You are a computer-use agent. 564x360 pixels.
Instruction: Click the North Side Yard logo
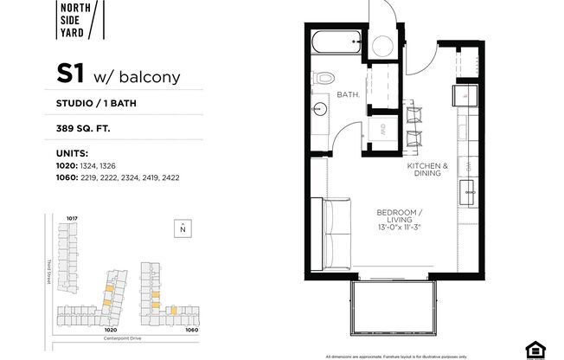coord(83,20)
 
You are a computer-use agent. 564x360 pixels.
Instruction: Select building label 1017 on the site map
coord(73,218)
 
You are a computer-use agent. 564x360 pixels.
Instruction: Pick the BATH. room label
coord(348,93)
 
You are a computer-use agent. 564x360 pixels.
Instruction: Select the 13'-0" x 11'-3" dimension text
coord(398,227)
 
